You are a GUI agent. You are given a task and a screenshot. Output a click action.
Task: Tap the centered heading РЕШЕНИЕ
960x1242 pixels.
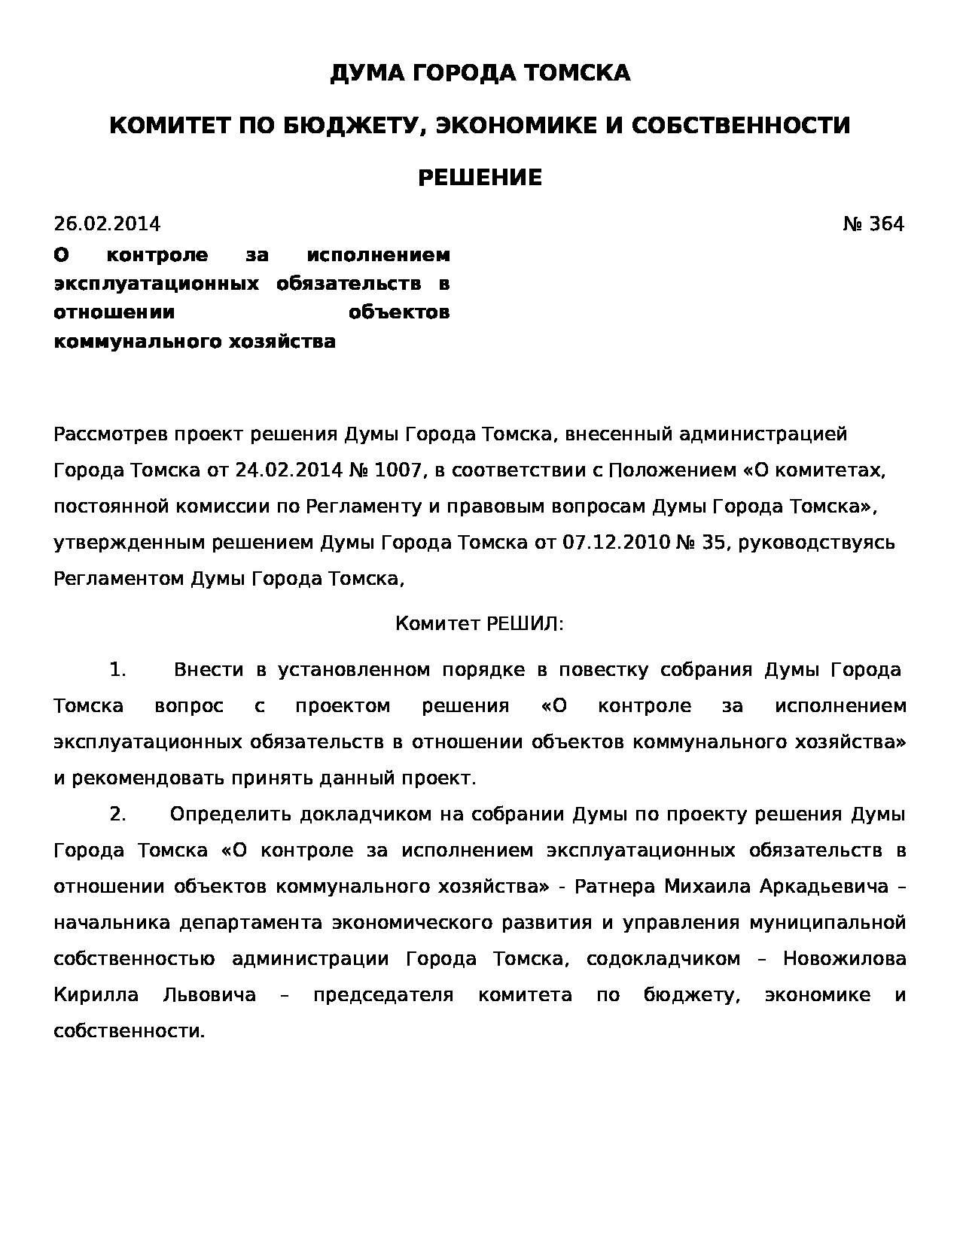point(480,178)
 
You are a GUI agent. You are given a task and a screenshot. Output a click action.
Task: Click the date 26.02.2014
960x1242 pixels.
point(107,224)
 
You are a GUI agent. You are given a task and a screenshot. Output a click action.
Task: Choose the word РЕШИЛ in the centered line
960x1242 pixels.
point(524,624)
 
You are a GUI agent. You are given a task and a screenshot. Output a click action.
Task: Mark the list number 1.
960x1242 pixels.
point(117,670)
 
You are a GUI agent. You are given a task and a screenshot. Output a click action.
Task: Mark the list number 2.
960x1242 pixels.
point(117,814)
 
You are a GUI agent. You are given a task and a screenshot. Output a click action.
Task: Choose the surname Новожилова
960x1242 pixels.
point(844,959)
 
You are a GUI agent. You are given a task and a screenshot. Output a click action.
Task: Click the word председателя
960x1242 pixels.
point(383,995)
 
